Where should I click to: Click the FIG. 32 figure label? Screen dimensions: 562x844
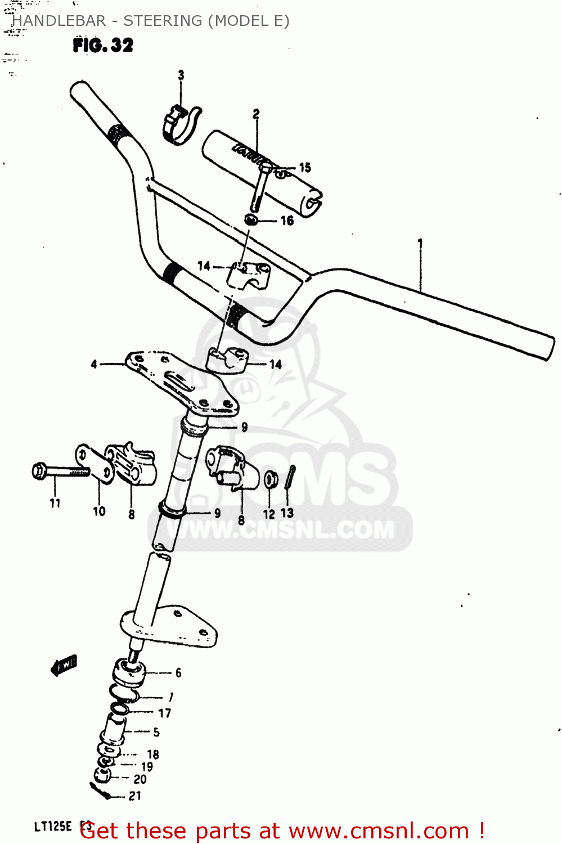tap(103, 45)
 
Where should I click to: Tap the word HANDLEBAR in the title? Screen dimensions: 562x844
tap(59, 21)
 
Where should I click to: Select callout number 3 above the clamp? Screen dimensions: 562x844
tap(181, 75)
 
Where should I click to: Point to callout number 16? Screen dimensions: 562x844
tap(287, 221)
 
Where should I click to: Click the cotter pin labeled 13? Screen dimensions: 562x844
tap(289, 478)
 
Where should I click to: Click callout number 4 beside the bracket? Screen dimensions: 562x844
tap(94, 365)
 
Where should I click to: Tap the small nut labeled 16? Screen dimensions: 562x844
tap(251, 219)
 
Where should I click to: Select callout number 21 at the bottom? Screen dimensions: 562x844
tap(135, 796)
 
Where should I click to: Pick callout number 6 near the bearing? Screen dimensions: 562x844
tap(178, 672)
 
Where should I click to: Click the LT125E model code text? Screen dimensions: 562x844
tap(53, 827)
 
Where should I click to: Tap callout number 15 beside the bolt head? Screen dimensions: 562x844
tap(305, 168)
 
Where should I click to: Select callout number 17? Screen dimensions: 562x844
tap(164, 713)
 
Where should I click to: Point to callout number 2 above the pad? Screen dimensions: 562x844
tap(256, 114)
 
